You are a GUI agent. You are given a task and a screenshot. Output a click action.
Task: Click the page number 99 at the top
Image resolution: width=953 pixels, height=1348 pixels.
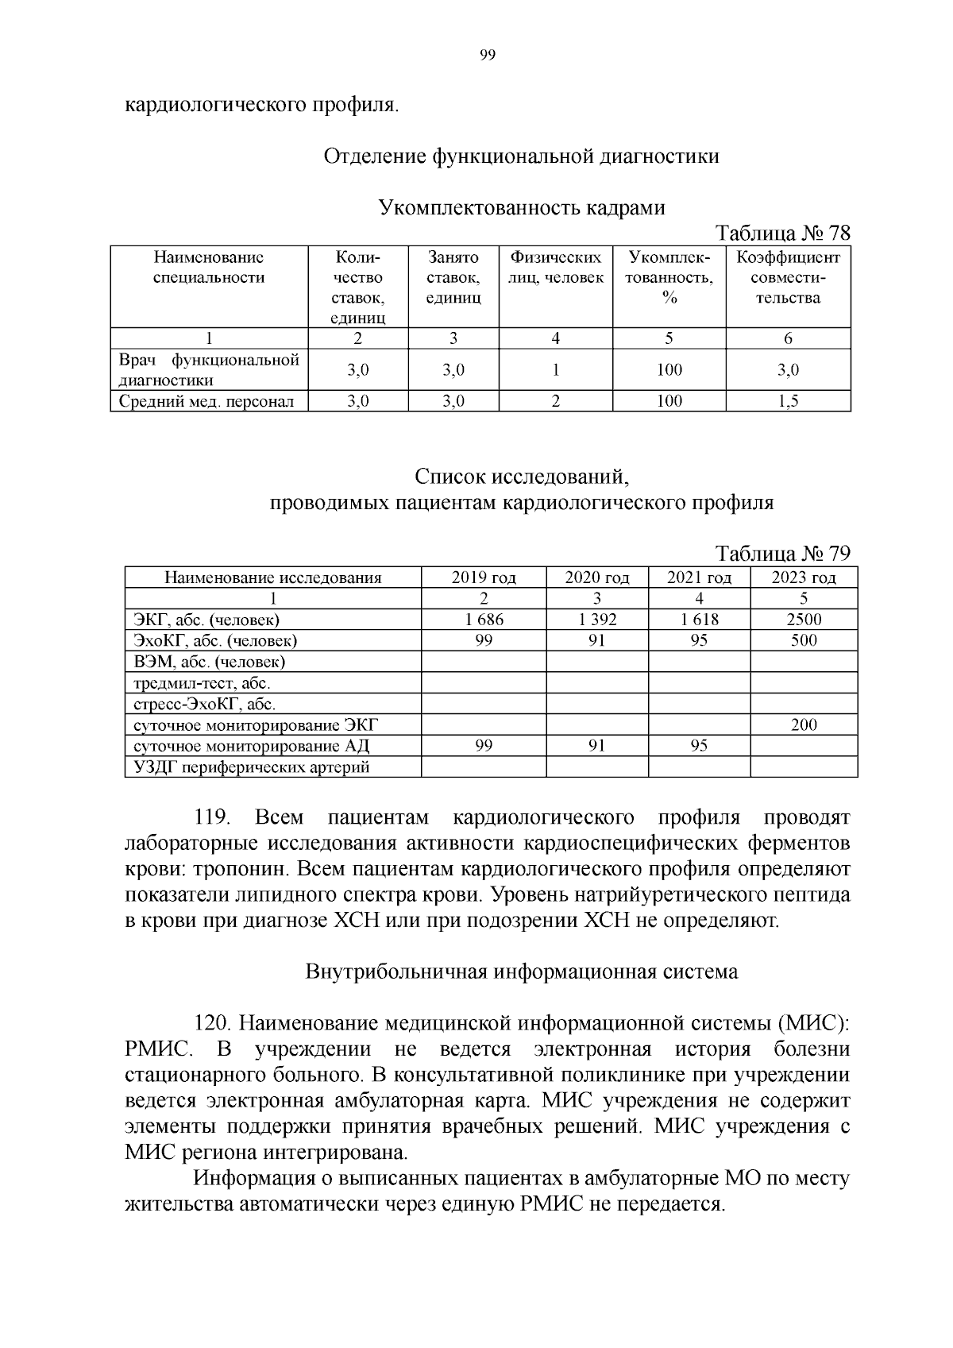click(488, 55)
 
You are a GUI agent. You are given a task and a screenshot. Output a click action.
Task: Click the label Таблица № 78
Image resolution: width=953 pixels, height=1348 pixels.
click(782, 234)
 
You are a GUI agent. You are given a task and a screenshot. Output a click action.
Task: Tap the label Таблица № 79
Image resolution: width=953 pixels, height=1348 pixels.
click(782, 553)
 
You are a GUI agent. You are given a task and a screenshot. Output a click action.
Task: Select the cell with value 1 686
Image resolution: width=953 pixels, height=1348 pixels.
click(484, 620)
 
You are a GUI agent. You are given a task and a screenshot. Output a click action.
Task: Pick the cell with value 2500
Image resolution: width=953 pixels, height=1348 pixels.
click(804, 620)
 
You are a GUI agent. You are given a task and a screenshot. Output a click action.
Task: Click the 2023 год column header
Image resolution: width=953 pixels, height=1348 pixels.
click(804, 577)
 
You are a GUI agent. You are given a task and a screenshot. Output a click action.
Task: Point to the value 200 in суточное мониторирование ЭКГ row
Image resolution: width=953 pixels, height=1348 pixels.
click(804, 724)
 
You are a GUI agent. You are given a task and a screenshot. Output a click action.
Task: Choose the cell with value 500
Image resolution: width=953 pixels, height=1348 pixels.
click(804, 640)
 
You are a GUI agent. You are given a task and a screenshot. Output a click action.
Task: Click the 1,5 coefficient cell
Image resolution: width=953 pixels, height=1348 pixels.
click(788, 401)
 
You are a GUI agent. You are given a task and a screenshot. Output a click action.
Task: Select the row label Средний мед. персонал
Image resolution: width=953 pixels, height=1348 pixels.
click(206, 401)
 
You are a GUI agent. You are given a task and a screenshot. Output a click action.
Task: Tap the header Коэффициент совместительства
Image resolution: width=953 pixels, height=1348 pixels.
click(788, 278)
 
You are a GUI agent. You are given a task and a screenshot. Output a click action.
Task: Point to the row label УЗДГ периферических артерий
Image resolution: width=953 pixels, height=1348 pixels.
click(252, 767)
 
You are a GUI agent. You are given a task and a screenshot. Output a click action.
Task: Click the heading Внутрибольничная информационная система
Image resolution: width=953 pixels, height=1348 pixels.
click(522, 971)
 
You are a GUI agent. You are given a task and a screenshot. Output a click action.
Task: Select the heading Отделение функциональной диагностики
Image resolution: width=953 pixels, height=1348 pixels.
click(522, 156)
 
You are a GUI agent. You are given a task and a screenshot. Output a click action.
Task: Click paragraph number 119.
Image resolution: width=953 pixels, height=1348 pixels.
click(212, 818)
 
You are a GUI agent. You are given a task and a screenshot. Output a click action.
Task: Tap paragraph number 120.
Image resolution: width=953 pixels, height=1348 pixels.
click(212, 1023)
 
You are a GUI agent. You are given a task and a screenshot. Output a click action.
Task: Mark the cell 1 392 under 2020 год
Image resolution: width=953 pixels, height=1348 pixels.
click(596, 620)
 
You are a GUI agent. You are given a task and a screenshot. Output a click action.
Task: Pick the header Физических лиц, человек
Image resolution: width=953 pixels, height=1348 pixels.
click(555, 268)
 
